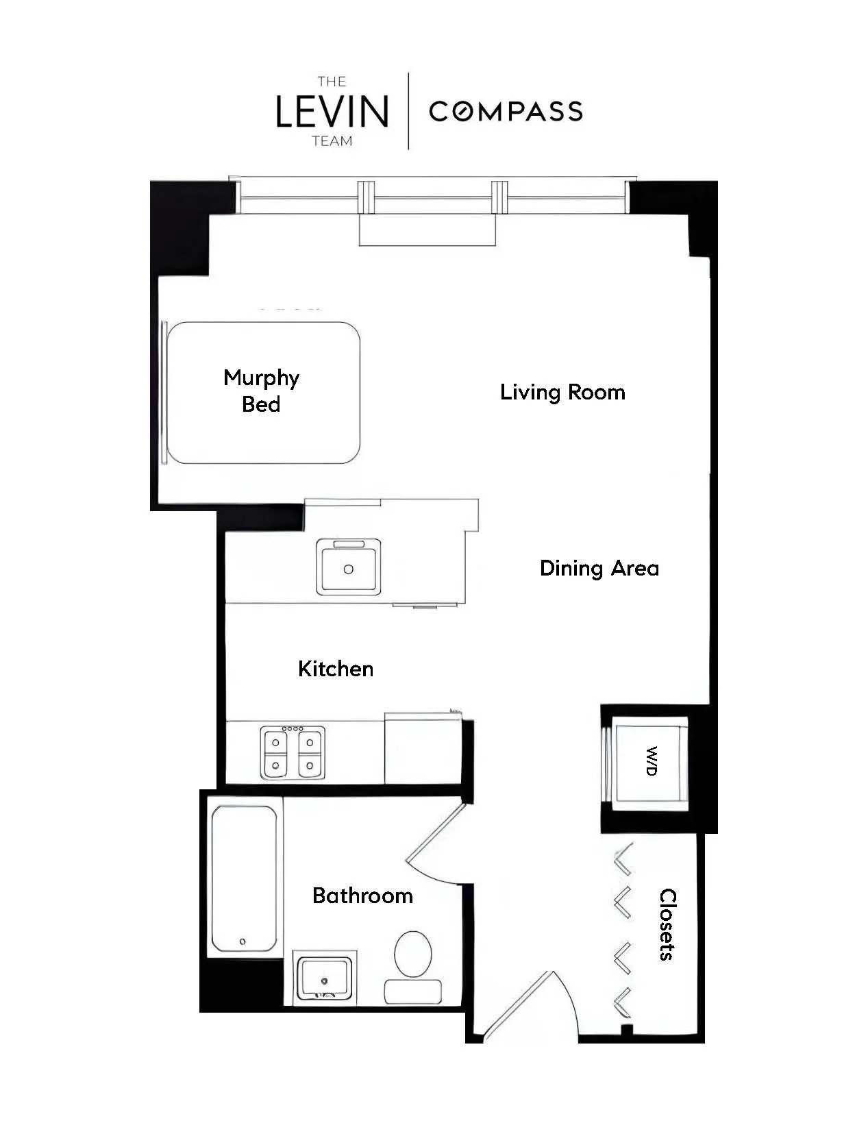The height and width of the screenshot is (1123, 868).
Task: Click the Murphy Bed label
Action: [x=261, y=391]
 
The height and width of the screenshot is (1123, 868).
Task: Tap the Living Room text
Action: [x=562, y=392]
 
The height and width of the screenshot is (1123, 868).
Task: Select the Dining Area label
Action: [x=599, y=568]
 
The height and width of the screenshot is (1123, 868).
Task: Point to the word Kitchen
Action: [x=336, y=669]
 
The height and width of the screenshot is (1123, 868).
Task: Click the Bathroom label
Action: [x=362, y=896]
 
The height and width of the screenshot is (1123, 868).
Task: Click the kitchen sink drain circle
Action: [x=348, y=569]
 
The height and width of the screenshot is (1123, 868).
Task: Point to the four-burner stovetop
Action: [x=293, y=752]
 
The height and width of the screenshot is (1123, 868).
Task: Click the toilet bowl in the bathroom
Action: [x=413, y=953]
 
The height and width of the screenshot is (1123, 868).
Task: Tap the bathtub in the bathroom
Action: [x=244, y=878]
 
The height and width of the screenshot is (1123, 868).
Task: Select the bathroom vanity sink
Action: [x=324, y=978]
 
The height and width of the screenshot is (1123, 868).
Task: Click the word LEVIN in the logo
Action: [x=332, y=111]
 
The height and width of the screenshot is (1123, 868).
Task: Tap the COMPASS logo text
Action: [x=506, y=111]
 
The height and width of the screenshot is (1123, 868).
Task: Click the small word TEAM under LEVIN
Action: [x=332, y=141]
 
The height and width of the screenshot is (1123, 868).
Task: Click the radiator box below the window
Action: [x=427, y=230]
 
